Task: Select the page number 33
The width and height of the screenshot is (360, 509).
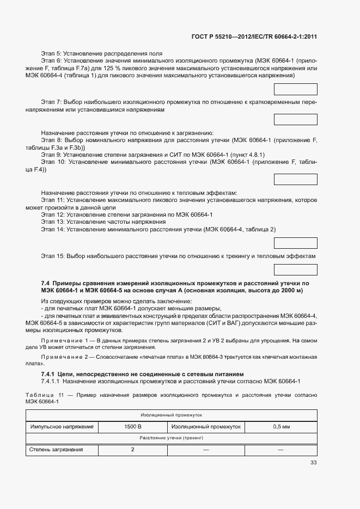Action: point(313,463)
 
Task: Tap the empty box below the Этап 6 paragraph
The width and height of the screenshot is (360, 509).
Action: point(295,90)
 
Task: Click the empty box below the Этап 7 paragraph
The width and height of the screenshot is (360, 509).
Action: point(295,120)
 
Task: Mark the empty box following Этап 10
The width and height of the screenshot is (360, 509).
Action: point(295,180)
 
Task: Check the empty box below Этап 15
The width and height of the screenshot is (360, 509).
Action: point(295,269)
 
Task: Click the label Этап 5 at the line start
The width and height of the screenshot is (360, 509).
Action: point(51,54)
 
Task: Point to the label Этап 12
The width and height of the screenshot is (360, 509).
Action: point(53,215)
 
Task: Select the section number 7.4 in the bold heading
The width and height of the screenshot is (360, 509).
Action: point(46,284)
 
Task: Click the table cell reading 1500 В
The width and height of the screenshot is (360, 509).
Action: point(132,427)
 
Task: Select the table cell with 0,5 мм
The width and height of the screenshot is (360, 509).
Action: point(281,427)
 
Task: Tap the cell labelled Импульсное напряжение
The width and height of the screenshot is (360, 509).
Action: point(62,427)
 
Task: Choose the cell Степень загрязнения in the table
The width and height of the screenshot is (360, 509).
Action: point(56,450)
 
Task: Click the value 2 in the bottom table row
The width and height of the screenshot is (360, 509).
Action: point(132,450)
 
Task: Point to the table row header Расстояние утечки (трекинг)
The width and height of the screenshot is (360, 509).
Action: point(171,438)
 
